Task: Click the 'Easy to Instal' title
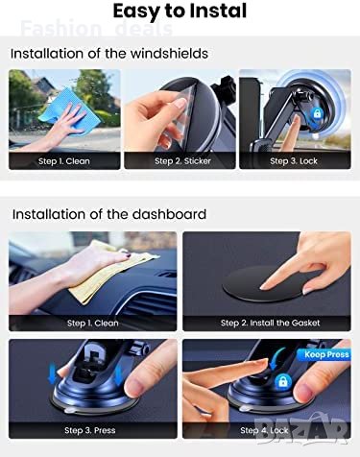(180, 11)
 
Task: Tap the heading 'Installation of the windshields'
(109, 53)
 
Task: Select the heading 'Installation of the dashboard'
(109, 214)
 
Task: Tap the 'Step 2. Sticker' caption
(182, 161)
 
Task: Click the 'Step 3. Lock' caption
(294, 161)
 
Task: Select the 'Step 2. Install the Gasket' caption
(270, 323)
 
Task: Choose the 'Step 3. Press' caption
(90, 430)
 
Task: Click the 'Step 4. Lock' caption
(264, 430)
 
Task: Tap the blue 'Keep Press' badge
(324, 354)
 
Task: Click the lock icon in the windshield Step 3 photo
(317, 113)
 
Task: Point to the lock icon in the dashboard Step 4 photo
(283, 381)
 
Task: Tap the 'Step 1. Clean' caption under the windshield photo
(64, 161)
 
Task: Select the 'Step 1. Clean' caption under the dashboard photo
(93, 323)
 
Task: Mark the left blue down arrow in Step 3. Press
(52, 374)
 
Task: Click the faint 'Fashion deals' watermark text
(97, 28)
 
